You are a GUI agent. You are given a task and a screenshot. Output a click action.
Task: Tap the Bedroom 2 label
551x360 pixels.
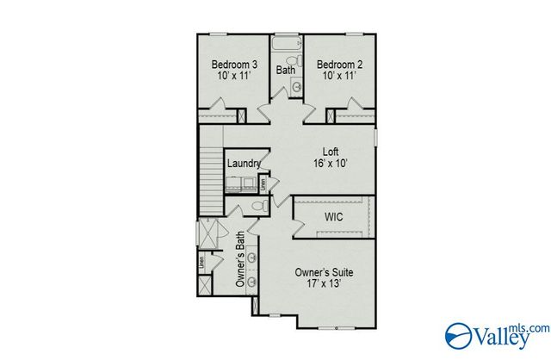coord(338,65)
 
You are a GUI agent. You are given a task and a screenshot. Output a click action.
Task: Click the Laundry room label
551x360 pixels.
coord(244,164)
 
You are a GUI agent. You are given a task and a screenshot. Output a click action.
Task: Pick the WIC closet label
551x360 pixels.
coord(333,216)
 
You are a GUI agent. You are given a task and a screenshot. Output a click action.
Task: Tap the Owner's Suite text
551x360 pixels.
coord(324,272)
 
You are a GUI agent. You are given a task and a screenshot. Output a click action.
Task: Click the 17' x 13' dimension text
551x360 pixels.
coord(324,285)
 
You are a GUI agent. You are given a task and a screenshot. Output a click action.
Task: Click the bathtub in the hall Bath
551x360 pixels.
coord(285,43)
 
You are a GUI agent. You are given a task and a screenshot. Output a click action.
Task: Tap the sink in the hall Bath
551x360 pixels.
coord(296,86)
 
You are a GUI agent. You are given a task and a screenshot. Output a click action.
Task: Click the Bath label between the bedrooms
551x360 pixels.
coord(285,70)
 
